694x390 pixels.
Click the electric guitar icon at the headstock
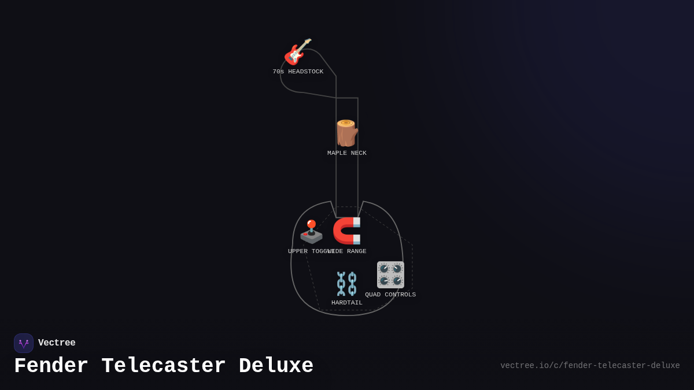(297, 51)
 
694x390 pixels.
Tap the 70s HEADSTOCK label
(298, 72)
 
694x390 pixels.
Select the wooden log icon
(346, 133)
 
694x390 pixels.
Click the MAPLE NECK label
(347, 153)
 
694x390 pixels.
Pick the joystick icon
(311, 232)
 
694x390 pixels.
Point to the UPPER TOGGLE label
(308, 251)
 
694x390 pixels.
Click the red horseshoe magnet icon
(347, 231)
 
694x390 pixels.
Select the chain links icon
(347, 284)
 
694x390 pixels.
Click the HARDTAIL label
(347, 303)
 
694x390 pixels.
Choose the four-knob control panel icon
(390, 274)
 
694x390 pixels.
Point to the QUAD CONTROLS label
(390, 295)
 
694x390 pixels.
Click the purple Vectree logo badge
(24, 343)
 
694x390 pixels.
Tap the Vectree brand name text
(57, 343)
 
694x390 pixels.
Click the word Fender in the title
(51, 366)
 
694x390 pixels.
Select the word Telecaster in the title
(164, 366)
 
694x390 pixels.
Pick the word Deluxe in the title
(276, 366)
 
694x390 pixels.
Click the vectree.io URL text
(590, 366)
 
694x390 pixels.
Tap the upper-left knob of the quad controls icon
(384, 268)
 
